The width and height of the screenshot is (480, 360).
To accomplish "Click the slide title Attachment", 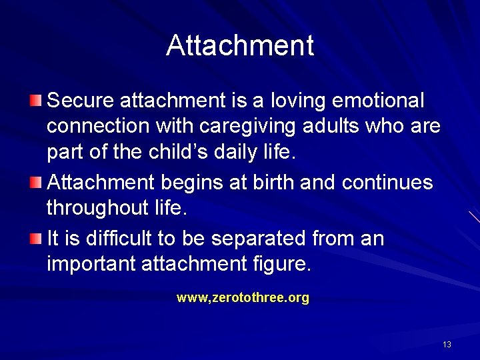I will (x=240, y=46).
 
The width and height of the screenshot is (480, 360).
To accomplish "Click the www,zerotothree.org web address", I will (x=243, y=298).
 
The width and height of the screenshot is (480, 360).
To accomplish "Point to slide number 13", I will (x=447, y=345).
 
